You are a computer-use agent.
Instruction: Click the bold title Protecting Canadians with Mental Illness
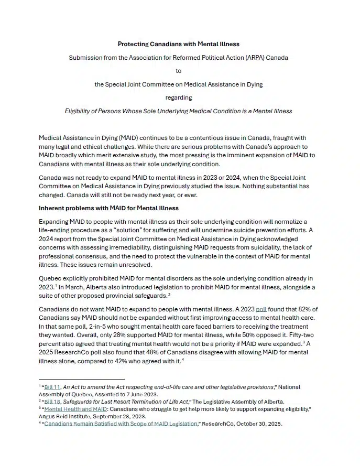pos(178,44)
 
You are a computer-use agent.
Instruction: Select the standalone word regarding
pos(179,97)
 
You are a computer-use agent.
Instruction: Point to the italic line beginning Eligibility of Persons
pos(178,111)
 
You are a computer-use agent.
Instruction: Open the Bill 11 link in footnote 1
pos(51,387)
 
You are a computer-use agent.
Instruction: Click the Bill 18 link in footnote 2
pos(51,402)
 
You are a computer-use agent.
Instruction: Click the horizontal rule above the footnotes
pos(82,378)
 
